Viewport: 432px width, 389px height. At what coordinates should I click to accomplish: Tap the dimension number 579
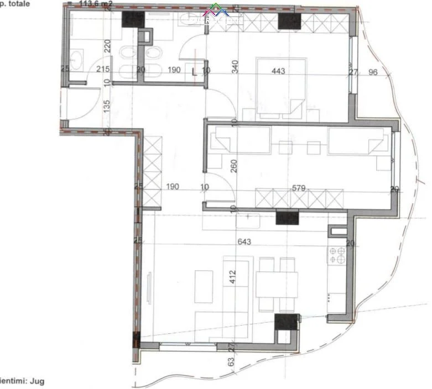(299, 188)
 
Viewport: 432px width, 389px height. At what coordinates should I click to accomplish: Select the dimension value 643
(244, 241)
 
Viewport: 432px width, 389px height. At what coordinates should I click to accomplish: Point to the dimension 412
(232, 275)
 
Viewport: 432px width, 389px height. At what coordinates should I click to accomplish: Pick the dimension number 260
(234, 166)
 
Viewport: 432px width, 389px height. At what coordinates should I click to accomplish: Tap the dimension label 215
(103, 70)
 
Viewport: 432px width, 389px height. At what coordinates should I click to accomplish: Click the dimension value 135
(107, 105)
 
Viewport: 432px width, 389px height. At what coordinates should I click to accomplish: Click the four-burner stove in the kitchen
(337, 254)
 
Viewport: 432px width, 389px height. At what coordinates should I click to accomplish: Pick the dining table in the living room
(277, 285)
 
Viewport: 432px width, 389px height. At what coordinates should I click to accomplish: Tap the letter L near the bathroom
(193, 71)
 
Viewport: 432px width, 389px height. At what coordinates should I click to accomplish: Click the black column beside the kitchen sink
(287, 219)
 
